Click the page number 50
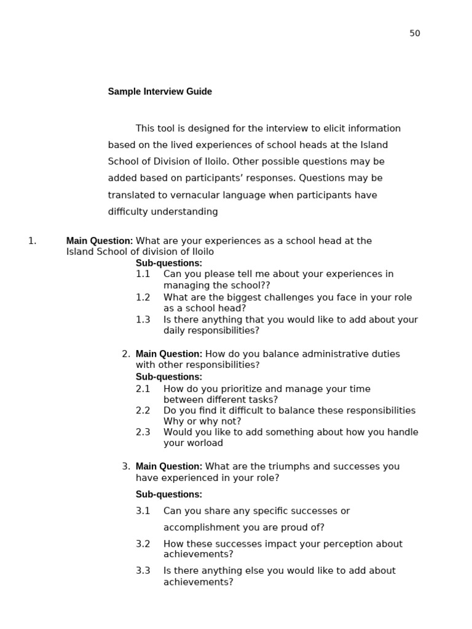pos(415,33)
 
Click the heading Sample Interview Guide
pos(160,92)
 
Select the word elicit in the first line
pos(331,128)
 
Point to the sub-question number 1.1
pos(143,274)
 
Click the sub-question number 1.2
pos(143,297)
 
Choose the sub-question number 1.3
pos(143,319)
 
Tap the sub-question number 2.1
pos(143,389)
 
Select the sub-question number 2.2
pos(143,410)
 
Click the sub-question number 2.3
pos(143,432)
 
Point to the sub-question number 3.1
pos(143,511)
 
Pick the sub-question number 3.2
pos(143,544)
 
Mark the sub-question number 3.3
pos(143,571)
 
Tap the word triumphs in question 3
pos(290,466)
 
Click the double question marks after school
pos(265,286)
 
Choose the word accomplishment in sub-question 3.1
pos(199,527)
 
